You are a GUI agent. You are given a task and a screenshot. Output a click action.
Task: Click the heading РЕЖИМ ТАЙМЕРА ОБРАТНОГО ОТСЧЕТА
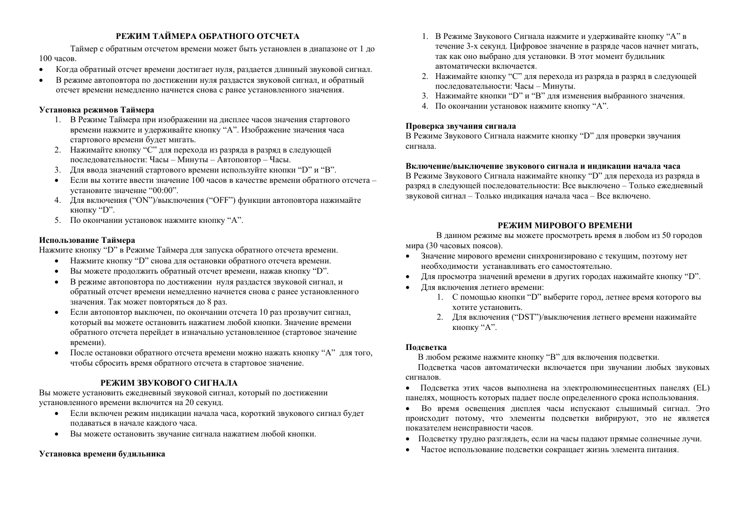coord(207,36)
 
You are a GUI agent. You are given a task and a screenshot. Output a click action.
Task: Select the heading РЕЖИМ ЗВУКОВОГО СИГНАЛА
coord(169,383)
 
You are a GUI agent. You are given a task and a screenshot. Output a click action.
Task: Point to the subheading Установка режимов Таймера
coord(96,110)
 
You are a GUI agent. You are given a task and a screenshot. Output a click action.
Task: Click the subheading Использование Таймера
coord(87,240)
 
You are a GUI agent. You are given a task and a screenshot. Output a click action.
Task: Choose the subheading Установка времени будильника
coord(102,454)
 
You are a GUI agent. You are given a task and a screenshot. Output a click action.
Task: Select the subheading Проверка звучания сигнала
coord(461,126)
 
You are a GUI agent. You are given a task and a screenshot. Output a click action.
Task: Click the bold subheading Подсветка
coord(426,347)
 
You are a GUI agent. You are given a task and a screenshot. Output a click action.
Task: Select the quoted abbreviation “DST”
coord(523,317)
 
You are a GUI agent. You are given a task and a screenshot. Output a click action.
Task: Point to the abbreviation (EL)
coord(701,388)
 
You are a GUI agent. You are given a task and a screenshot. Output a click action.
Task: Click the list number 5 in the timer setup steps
coord(57,220)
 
